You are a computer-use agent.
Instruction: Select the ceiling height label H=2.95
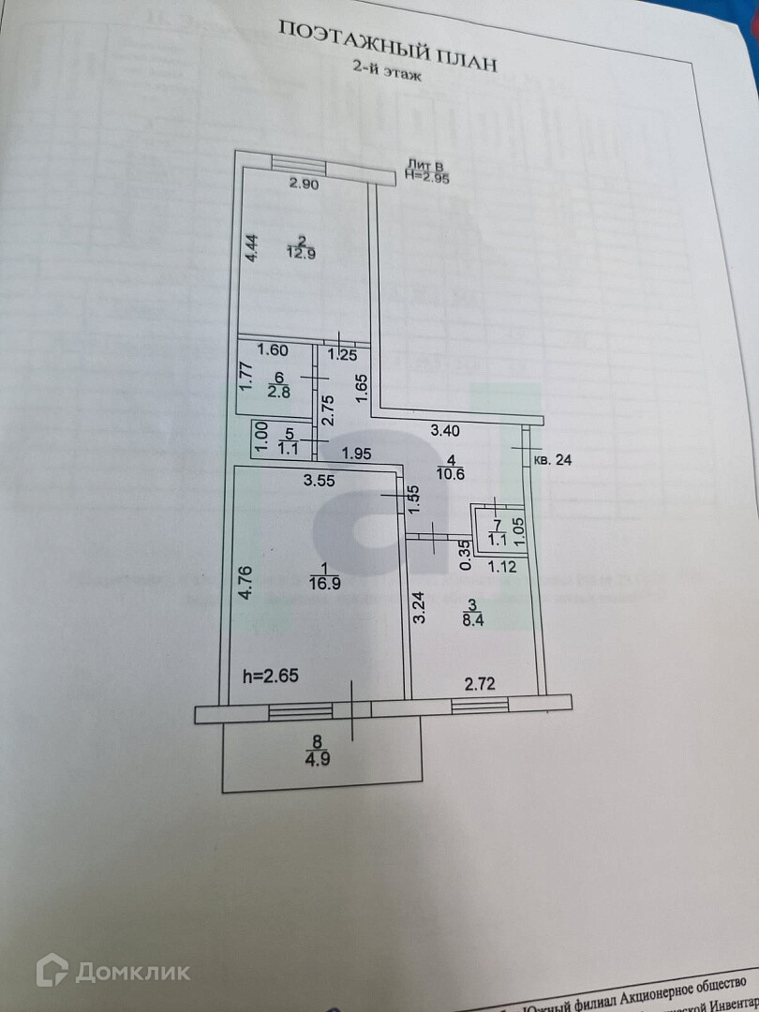tap(427, 174)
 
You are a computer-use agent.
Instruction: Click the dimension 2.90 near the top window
tap(304, 185)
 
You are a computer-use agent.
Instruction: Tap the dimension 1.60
tap(271, 351)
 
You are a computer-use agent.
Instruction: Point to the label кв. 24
tap(552, 460)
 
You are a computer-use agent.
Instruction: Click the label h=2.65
tap(273, 677)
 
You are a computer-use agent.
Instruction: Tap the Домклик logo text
tap(132, 972)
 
